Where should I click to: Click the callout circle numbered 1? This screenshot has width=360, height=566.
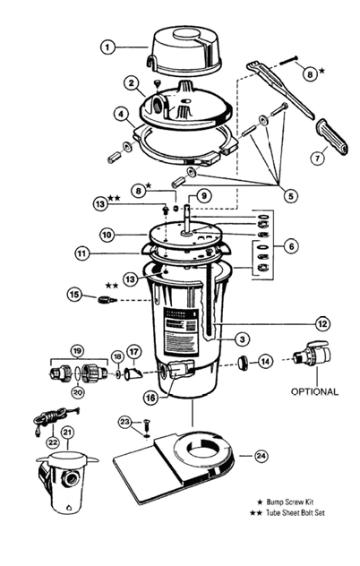click(x=108, y=46)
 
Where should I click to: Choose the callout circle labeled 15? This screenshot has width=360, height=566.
click(x=75, y=294)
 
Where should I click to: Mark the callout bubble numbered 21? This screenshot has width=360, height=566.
click(x=66, y=433)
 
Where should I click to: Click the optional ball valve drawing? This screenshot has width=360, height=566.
click(x=313, y=356)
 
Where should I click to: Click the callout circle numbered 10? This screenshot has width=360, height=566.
click(x=107, y=236)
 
